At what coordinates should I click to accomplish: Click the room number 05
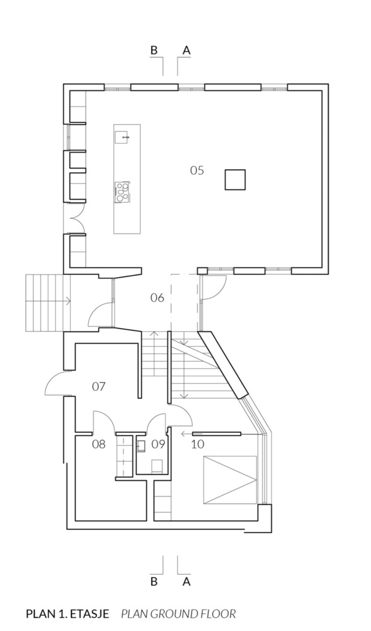(x=197, y=170)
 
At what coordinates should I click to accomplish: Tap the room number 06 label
(x=157, y=297)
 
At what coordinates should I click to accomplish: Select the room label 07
(x=98, y=386)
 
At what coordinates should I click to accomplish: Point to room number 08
(x=99, y=444)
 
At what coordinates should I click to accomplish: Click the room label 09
(x=158, y=444)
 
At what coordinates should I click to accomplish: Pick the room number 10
(x=198, y=444)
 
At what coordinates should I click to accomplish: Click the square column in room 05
(x=236, y=179)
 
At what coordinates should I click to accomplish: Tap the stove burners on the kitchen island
(x=122, y=191)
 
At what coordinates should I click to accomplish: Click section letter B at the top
(x=154, y=49)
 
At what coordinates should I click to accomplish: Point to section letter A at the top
(x=186, y=49)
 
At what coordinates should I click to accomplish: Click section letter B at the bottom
(x=154, y=582)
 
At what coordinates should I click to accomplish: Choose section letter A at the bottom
(x=186, y=582)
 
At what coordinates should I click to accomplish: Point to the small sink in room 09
(x=142, y=445)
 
